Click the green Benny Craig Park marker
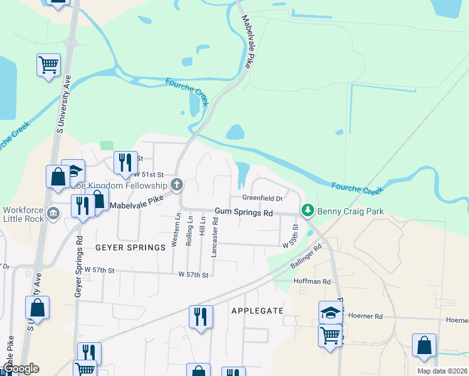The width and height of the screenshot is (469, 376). (307, 211)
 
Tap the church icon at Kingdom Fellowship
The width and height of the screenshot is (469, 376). (177, 185)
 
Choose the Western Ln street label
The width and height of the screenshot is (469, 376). (177, 231)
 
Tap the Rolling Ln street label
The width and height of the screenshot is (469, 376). (190, 231)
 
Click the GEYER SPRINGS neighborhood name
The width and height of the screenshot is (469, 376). (130, 248)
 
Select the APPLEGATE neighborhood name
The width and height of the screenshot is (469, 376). (257, 311)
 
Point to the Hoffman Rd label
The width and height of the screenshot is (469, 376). (312, 282)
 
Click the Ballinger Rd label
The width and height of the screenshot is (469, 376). (306, 257)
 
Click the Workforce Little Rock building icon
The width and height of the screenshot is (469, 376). (54, 214)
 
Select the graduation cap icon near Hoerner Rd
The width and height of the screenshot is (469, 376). (330, 311)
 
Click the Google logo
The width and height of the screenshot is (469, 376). (21, 369)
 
